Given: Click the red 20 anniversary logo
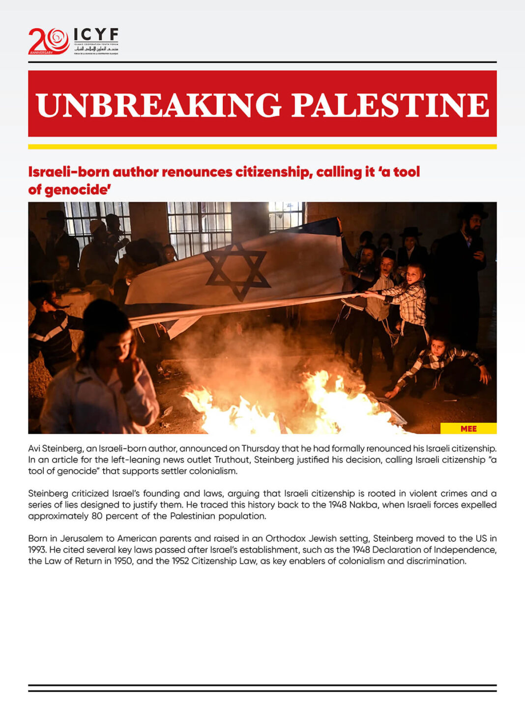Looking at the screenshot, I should click(x=49, y=41).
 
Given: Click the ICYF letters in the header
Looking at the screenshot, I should click(x=96, y=34).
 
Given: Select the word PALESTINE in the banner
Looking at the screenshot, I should click(x=390, y=105).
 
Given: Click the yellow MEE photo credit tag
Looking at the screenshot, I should click(x=468, y=428).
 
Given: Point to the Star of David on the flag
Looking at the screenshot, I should click(x=237, y=270).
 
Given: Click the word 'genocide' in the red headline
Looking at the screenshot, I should click(x=76, y=190).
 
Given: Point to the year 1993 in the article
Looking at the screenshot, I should click(x=37, y=550).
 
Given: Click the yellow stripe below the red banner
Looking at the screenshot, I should click(x=262, y=147).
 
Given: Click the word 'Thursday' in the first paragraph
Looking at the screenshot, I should click(x=260, y=448).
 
